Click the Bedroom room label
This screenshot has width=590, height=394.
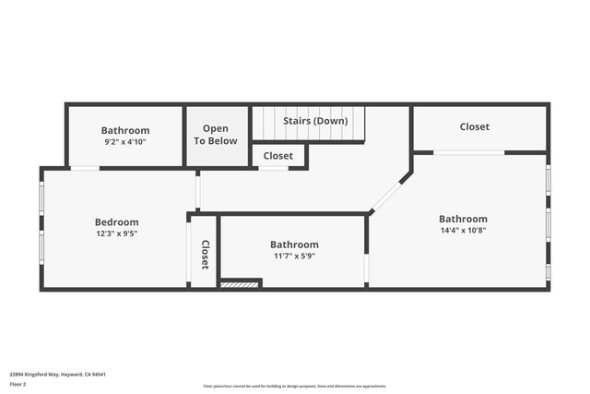[117, 221]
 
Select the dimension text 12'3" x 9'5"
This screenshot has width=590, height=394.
[117, 233]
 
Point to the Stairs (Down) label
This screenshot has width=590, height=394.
[315, 121]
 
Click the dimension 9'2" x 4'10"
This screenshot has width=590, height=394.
[125, 143]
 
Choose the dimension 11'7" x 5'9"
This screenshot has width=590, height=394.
[294, 256]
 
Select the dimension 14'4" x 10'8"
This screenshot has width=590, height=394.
[463, 231]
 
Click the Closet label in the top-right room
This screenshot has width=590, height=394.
[475, 126]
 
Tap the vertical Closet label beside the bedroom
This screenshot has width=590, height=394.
[206, 255]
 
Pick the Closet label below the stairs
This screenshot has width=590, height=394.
[277, 156]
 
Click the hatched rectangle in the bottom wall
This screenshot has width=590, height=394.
[240, 285]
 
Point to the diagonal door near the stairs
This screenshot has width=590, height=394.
[387, 195]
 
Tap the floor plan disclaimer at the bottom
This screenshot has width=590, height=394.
[294, 386]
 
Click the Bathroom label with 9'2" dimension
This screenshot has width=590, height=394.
[125, 131]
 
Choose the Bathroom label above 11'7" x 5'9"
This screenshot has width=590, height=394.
[294, 245]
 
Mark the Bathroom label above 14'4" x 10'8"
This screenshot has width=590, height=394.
[463, 219]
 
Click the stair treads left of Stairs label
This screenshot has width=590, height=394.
[267, 121]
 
